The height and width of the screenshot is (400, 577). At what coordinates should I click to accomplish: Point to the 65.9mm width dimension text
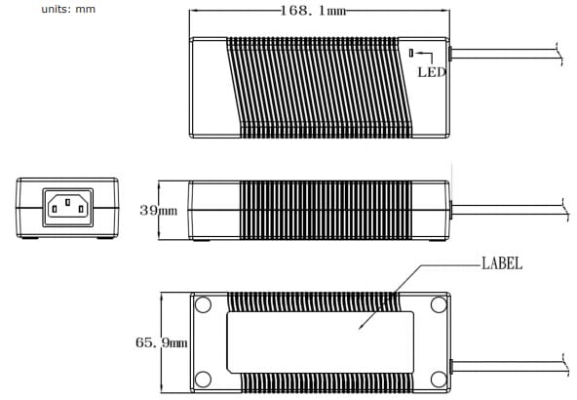pos(161,342)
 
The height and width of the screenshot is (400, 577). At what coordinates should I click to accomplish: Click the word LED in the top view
pos(431,71)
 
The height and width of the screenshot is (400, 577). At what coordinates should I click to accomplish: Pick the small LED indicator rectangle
pos(412,53)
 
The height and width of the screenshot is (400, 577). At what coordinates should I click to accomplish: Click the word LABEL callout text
pos(501,263)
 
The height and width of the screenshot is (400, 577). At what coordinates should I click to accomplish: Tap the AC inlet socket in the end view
pos(67,207)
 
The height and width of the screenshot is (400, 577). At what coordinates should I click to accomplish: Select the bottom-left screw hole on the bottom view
pos(203,380)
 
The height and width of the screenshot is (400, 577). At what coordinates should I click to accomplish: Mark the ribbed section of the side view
pos(322,210)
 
